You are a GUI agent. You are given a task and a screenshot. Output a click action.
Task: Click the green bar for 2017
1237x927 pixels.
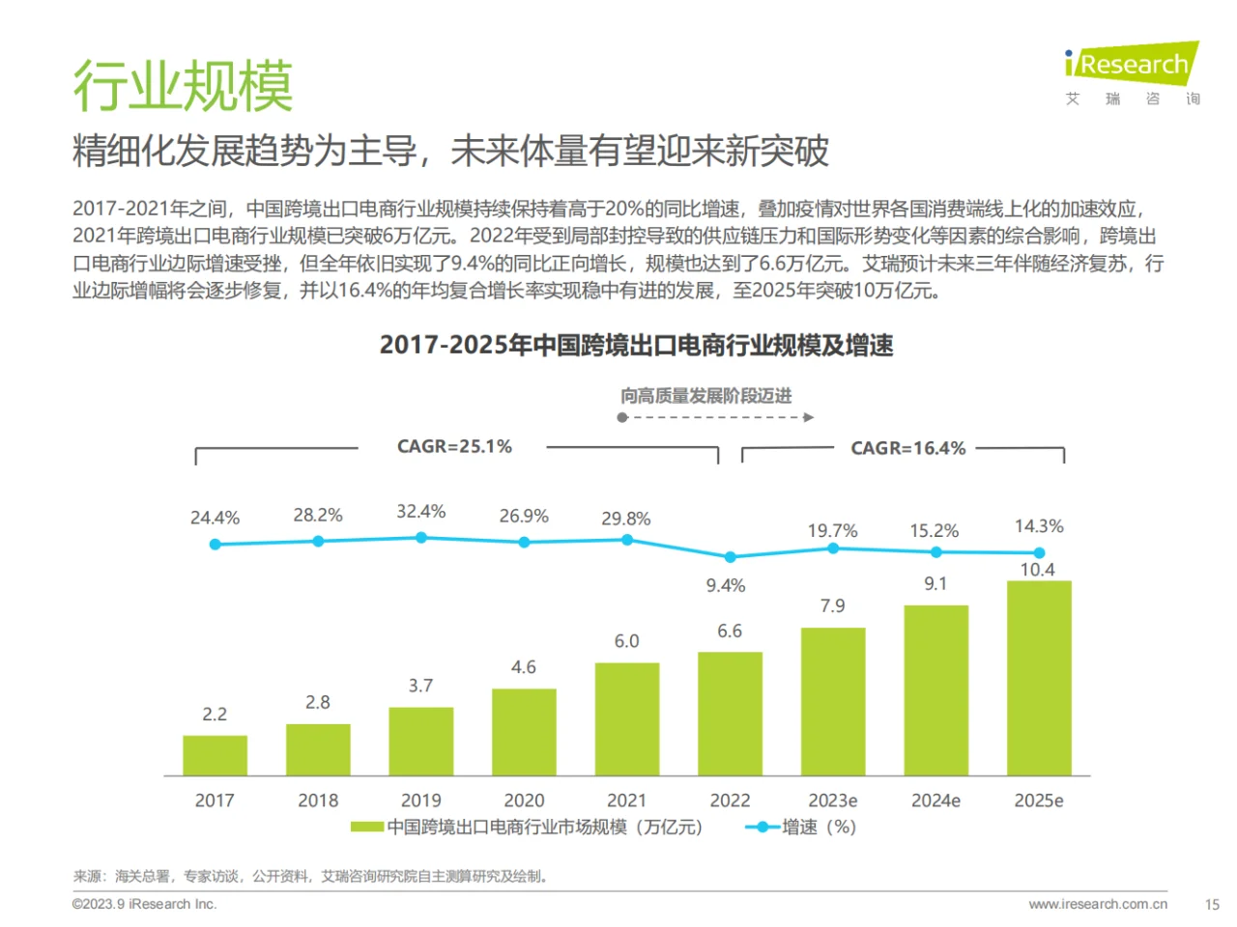tap(215, 755)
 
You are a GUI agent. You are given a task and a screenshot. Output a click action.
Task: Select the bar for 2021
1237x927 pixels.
tap(626, 718)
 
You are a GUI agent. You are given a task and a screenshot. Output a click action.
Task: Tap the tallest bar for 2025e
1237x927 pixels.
tap(1039, 678)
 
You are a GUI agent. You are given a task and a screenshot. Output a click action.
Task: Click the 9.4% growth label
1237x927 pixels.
tap(725, 586)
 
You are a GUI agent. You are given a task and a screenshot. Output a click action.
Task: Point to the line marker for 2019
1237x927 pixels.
tap(421, 538)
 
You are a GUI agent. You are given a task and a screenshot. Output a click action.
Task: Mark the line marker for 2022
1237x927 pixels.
tap(731, 557)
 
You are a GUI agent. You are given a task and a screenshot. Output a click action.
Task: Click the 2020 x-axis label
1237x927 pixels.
tap(524, 801)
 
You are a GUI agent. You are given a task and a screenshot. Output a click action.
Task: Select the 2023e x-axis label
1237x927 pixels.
tap(832, 801)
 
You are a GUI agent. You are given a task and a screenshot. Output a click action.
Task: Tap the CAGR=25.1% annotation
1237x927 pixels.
tap(454, 447)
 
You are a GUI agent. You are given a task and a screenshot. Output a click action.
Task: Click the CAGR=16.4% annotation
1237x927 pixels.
tap(907, 448)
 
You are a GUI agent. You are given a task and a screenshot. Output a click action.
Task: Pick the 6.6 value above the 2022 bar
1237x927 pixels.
tap(730, 632)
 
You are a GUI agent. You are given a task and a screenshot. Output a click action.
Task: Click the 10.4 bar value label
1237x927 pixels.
tap(1037, 570)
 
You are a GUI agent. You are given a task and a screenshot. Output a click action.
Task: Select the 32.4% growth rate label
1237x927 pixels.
tap(420, 512)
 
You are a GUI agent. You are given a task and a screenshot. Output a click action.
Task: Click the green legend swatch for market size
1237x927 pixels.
tap(366, 828)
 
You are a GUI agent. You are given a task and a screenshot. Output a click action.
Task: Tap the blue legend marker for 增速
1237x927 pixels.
tap(762, 828)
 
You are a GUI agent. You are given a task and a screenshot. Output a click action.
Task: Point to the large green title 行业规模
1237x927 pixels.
tap(183, 86)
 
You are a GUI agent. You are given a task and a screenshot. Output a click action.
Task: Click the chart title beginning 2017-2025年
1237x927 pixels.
tap(636, 346)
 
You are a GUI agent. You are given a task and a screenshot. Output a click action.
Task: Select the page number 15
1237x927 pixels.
tap(1212, 905)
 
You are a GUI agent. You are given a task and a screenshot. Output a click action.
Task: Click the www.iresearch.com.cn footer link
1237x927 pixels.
tap(1098, 905)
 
